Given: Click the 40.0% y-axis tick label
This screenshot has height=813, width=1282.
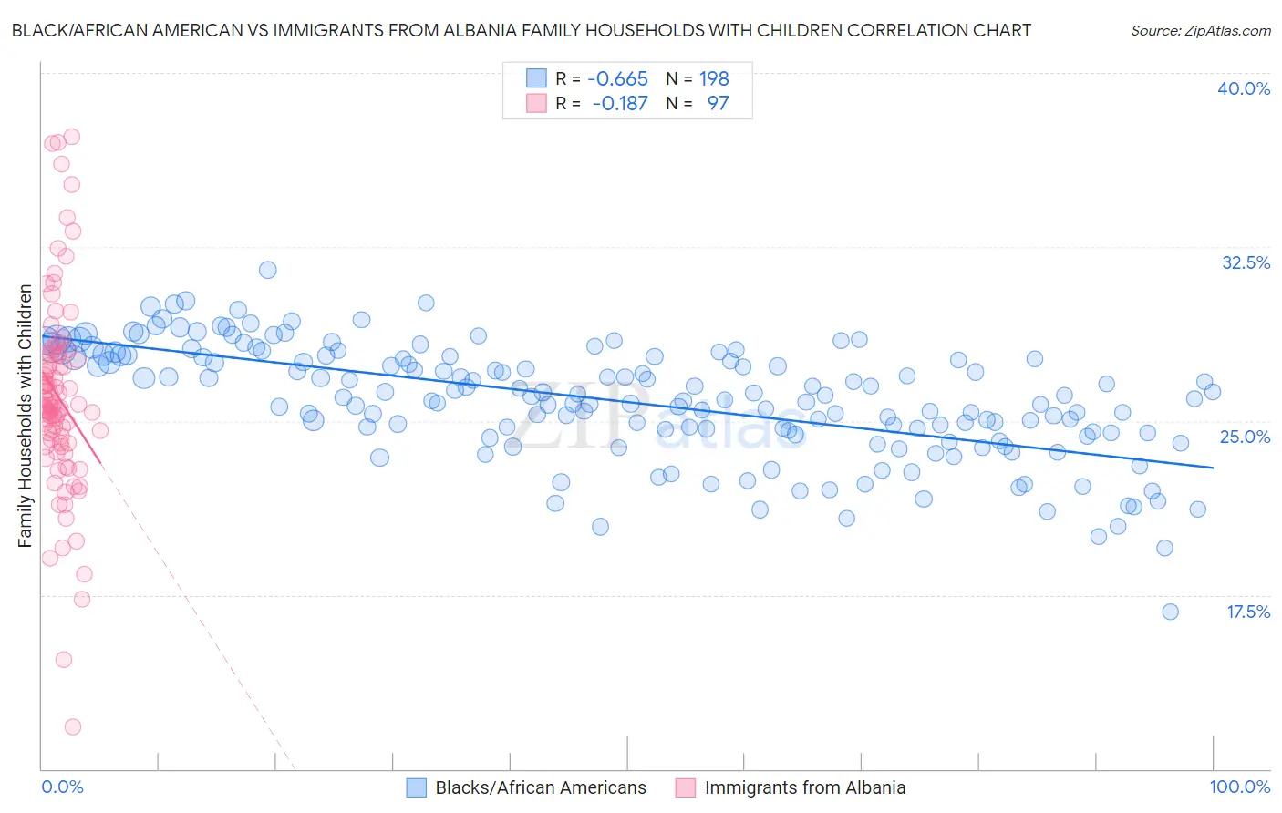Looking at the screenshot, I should [1244, 88].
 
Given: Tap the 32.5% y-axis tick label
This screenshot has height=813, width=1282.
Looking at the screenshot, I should [1246, 262].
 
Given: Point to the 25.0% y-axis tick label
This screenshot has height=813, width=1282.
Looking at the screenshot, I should [1245, 437].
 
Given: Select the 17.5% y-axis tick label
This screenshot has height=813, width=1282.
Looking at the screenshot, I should [1247, 612].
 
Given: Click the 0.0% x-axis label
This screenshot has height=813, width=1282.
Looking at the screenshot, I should [62, 787].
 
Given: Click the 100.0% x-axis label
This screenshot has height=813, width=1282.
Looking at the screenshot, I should [1240, 787].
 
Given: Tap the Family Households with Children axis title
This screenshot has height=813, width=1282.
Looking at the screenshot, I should [26, 416].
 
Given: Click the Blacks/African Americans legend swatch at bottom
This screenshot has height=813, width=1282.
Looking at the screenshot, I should [417, 787].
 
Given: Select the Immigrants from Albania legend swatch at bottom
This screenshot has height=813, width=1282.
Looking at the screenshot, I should [686, 787].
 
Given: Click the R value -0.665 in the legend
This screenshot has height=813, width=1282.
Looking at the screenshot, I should [617, 78].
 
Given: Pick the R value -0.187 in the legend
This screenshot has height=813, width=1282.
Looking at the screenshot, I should [619, 103].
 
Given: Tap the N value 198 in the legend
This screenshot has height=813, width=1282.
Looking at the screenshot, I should [714, 78].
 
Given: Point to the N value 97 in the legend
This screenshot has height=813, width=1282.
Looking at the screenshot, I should [718, 103].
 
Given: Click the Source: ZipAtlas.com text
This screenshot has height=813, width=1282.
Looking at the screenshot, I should [1200, 31].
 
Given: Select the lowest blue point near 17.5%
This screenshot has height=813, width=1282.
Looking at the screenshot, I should [1170, 612].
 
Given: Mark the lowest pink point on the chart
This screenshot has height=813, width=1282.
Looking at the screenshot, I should [73, 726].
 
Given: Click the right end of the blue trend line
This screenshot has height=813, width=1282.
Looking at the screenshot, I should [1213, 468].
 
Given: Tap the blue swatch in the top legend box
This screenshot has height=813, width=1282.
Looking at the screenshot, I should [536, 78].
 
